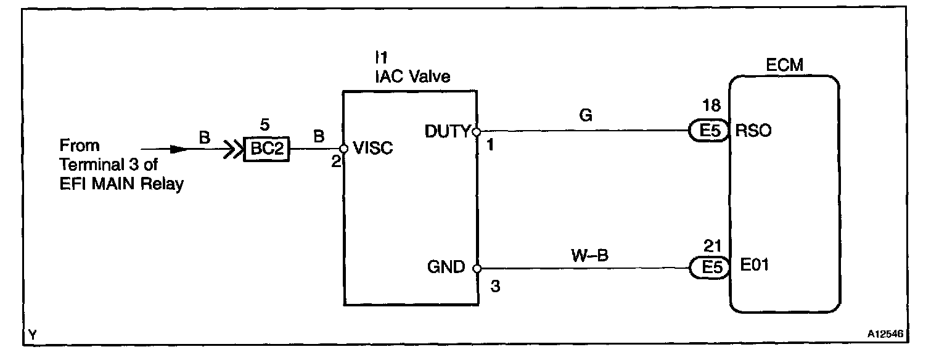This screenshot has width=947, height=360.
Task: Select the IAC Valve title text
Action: [x=412, y=77]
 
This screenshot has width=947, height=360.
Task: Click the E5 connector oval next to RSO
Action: [x=708, y=131]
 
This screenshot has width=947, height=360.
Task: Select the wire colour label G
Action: [x=586, y=115]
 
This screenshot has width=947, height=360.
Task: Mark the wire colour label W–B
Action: [x=589, y=254]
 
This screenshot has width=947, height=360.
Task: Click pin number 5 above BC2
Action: [x=264, y=125]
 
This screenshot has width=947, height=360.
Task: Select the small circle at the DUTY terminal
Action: [x=476, y=131]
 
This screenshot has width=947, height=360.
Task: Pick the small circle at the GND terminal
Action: [x=477, y=268]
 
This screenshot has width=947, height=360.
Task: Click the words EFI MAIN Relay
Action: [x=121, y=184]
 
